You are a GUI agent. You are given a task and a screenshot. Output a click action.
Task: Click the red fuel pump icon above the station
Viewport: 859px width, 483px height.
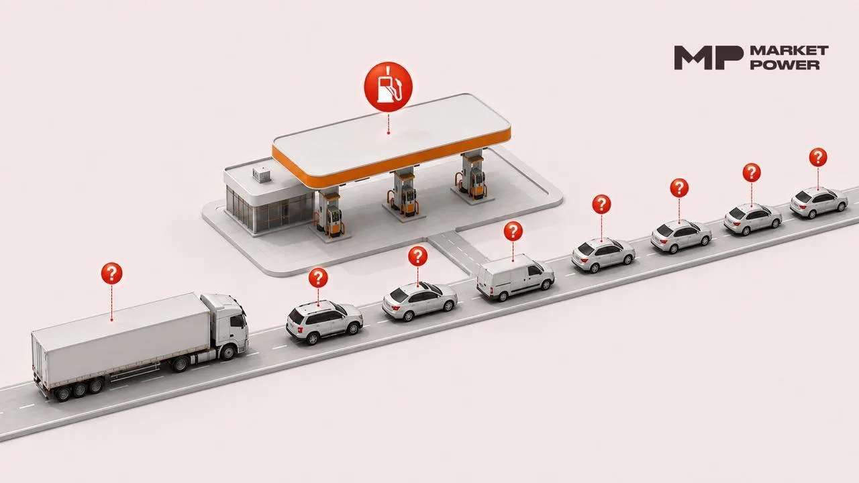pyautogui.click(x=388, y=87)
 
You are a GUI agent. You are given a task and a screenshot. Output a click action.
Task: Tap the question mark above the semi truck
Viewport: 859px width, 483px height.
pyautogui.click(x=111, y=273)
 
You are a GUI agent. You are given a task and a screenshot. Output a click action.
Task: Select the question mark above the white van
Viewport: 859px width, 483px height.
pyautogui.click(x=513, y=231)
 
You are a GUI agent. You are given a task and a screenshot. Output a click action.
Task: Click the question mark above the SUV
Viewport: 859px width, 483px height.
pyautogui.click(x=318, y=278)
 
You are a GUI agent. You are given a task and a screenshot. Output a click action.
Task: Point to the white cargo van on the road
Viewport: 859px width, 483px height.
pyautogui.click(x=515, y=277)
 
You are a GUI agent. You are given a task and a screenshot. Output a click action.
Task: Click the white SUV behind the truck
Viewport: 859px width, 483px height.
pyautogui.click(x=324, y=321)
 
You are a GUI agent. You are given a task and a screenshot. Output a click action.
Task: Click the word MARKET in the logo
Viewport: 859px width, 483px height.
pyautogui.click(x=790, y=50)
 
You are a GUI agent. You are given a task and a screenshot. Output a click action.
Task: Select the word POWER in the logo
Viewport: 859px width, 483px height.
pyautogui.click(x=785, y=64)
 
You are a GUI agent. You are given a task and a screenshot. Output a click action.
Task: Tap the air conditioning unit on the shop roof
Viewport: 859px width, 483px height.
pyautogui.click(x=262, y=173)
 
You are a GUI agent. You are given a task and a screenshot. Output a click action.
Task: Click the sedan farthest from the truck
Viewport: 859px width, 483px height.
pyautogui.click(x=819, y=202)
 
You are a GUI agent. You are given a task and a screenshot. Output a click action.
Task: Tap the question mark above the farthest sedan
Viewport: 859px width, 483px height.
pyautogui.click(x=818, y=157)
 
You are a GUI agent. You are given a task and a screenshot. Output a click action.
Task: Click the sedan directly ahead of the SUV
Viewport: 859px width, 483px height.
pyautogui.click(x=419, y=301)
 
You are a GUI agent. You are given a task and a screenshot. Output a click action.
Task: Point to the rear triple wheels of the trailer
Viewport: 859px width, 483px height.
pyautogui.click(x=80, y=390)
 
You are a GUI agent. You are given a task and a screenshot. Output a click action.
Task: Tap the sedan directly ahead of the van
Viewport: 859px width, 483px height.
pyautogui.click(x=603, y=254)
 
